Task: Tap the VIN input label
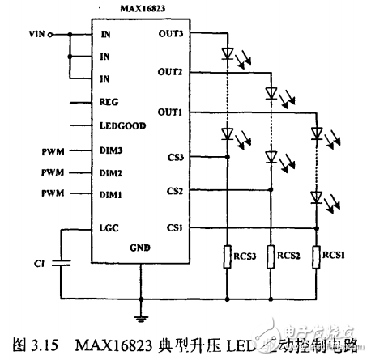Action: [x=36, y=35]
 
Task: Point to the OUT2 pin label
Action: [x=169, y=72]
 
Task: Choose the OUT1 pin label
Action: [x=169, y=111]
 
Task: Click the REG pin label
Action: [x=109, y=103]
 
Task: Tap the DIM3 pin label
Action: [x=111, y=150]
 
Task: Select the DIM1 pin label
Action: [x=111, y=195]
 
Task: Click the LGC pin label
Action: [x=109, y=228]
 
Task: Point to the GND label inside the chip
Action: [x=139, y=250]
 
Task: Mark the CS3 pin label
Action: [x=174, y=157]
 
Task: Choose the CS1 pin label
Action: [x=174, y=228]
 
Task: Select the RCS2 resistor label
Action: [x=288, y=256]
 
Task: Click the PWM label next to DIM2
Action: [x=52, y=173]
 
